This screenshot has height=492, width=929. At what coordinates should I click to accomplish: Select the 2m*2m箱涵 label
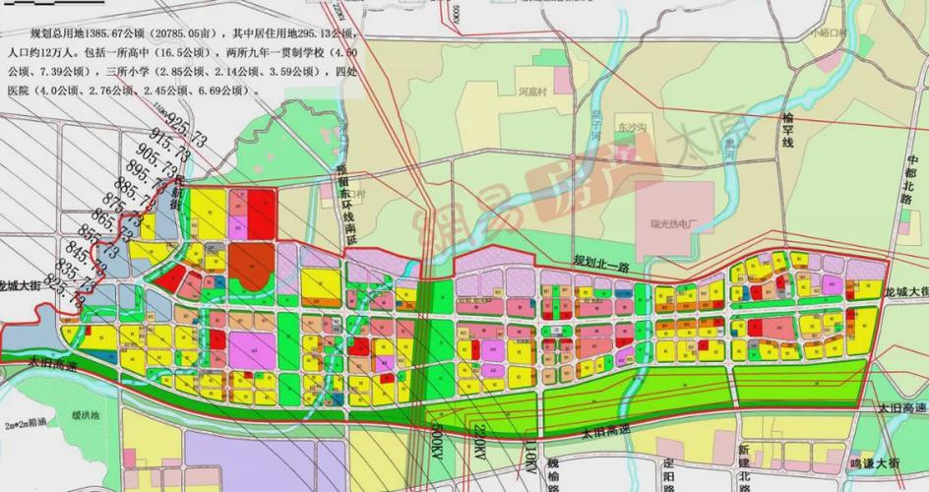coord(26,426)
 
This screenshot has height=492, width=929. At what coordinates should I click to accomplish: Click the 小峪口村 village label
coord(829,32)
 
